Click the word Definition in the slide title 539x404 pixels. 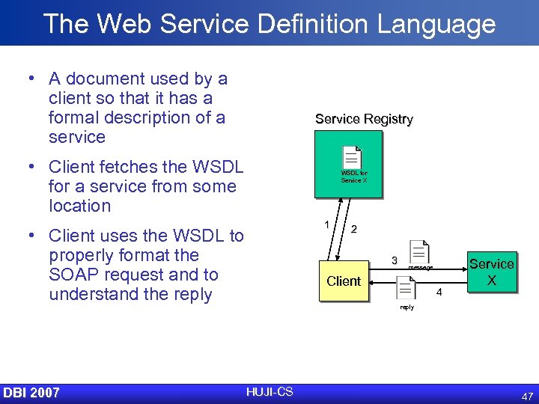(306, 24)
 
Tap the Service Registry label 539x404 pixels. (364, 119)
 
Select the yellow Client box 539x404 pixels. (344, 281)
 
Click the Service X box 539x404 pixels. (491, 272)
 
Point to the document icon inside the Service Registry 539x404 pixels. (352, 157)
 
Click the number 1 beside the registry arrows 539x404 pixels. (326, 224)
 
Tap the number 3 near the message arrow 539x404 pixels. (394, 260)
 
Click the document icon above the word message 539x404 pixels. (419, 252)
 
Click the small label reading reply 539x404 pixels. (406, 307)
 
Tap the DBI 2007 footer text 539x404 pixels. (31, 393)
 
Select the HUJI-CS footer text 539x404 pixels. (269, 391)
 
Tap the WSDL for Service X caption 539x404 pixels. (354, 177)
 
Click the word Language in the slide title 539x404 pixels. (436, 24)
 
